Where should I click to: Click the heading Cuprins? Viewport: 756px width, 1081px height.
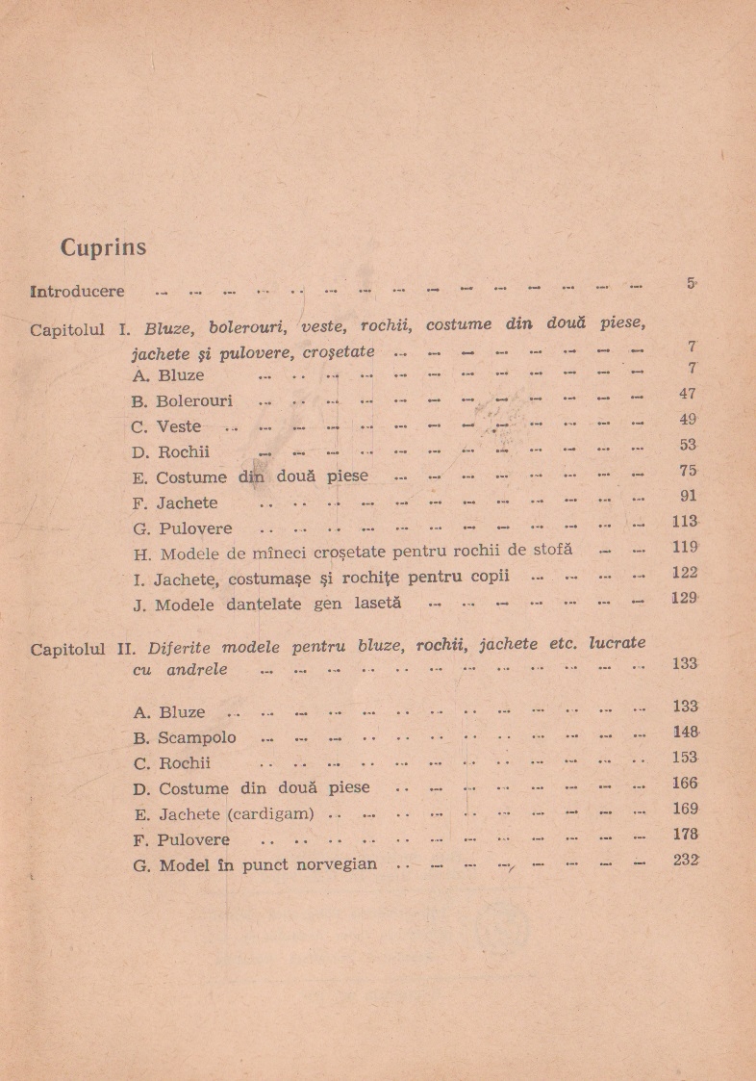pos(103,247)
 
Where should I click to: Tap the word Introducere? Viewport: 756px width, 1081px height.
pos(78,291)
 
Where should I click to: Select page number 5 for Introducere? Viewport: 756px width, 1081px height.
pos(691,283)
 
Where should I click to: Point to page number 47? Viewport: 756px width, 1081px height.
pos(686,394)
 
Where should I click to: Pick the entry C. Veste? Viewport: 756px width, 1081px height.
pos(167,426)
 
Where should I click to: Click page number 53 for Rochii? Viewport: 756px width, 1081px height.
pos(687,445)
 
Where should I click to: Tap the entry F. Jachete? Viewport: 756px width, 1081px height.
pos(176,502)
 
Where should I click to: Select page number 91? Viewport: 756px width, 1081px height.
pos(687,497)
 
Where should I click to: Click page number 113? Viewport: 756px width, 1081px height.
pos(684,522)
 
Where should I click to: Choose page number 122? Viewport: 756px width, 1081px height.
pos(684,573)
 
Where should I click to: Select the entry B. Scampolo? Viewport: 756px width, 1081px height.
pos(185,739)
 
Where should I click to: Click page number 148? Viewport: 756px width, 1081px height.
pos(685,732)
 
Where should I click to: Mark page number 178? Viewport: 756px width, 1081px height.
pos(685,835)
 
